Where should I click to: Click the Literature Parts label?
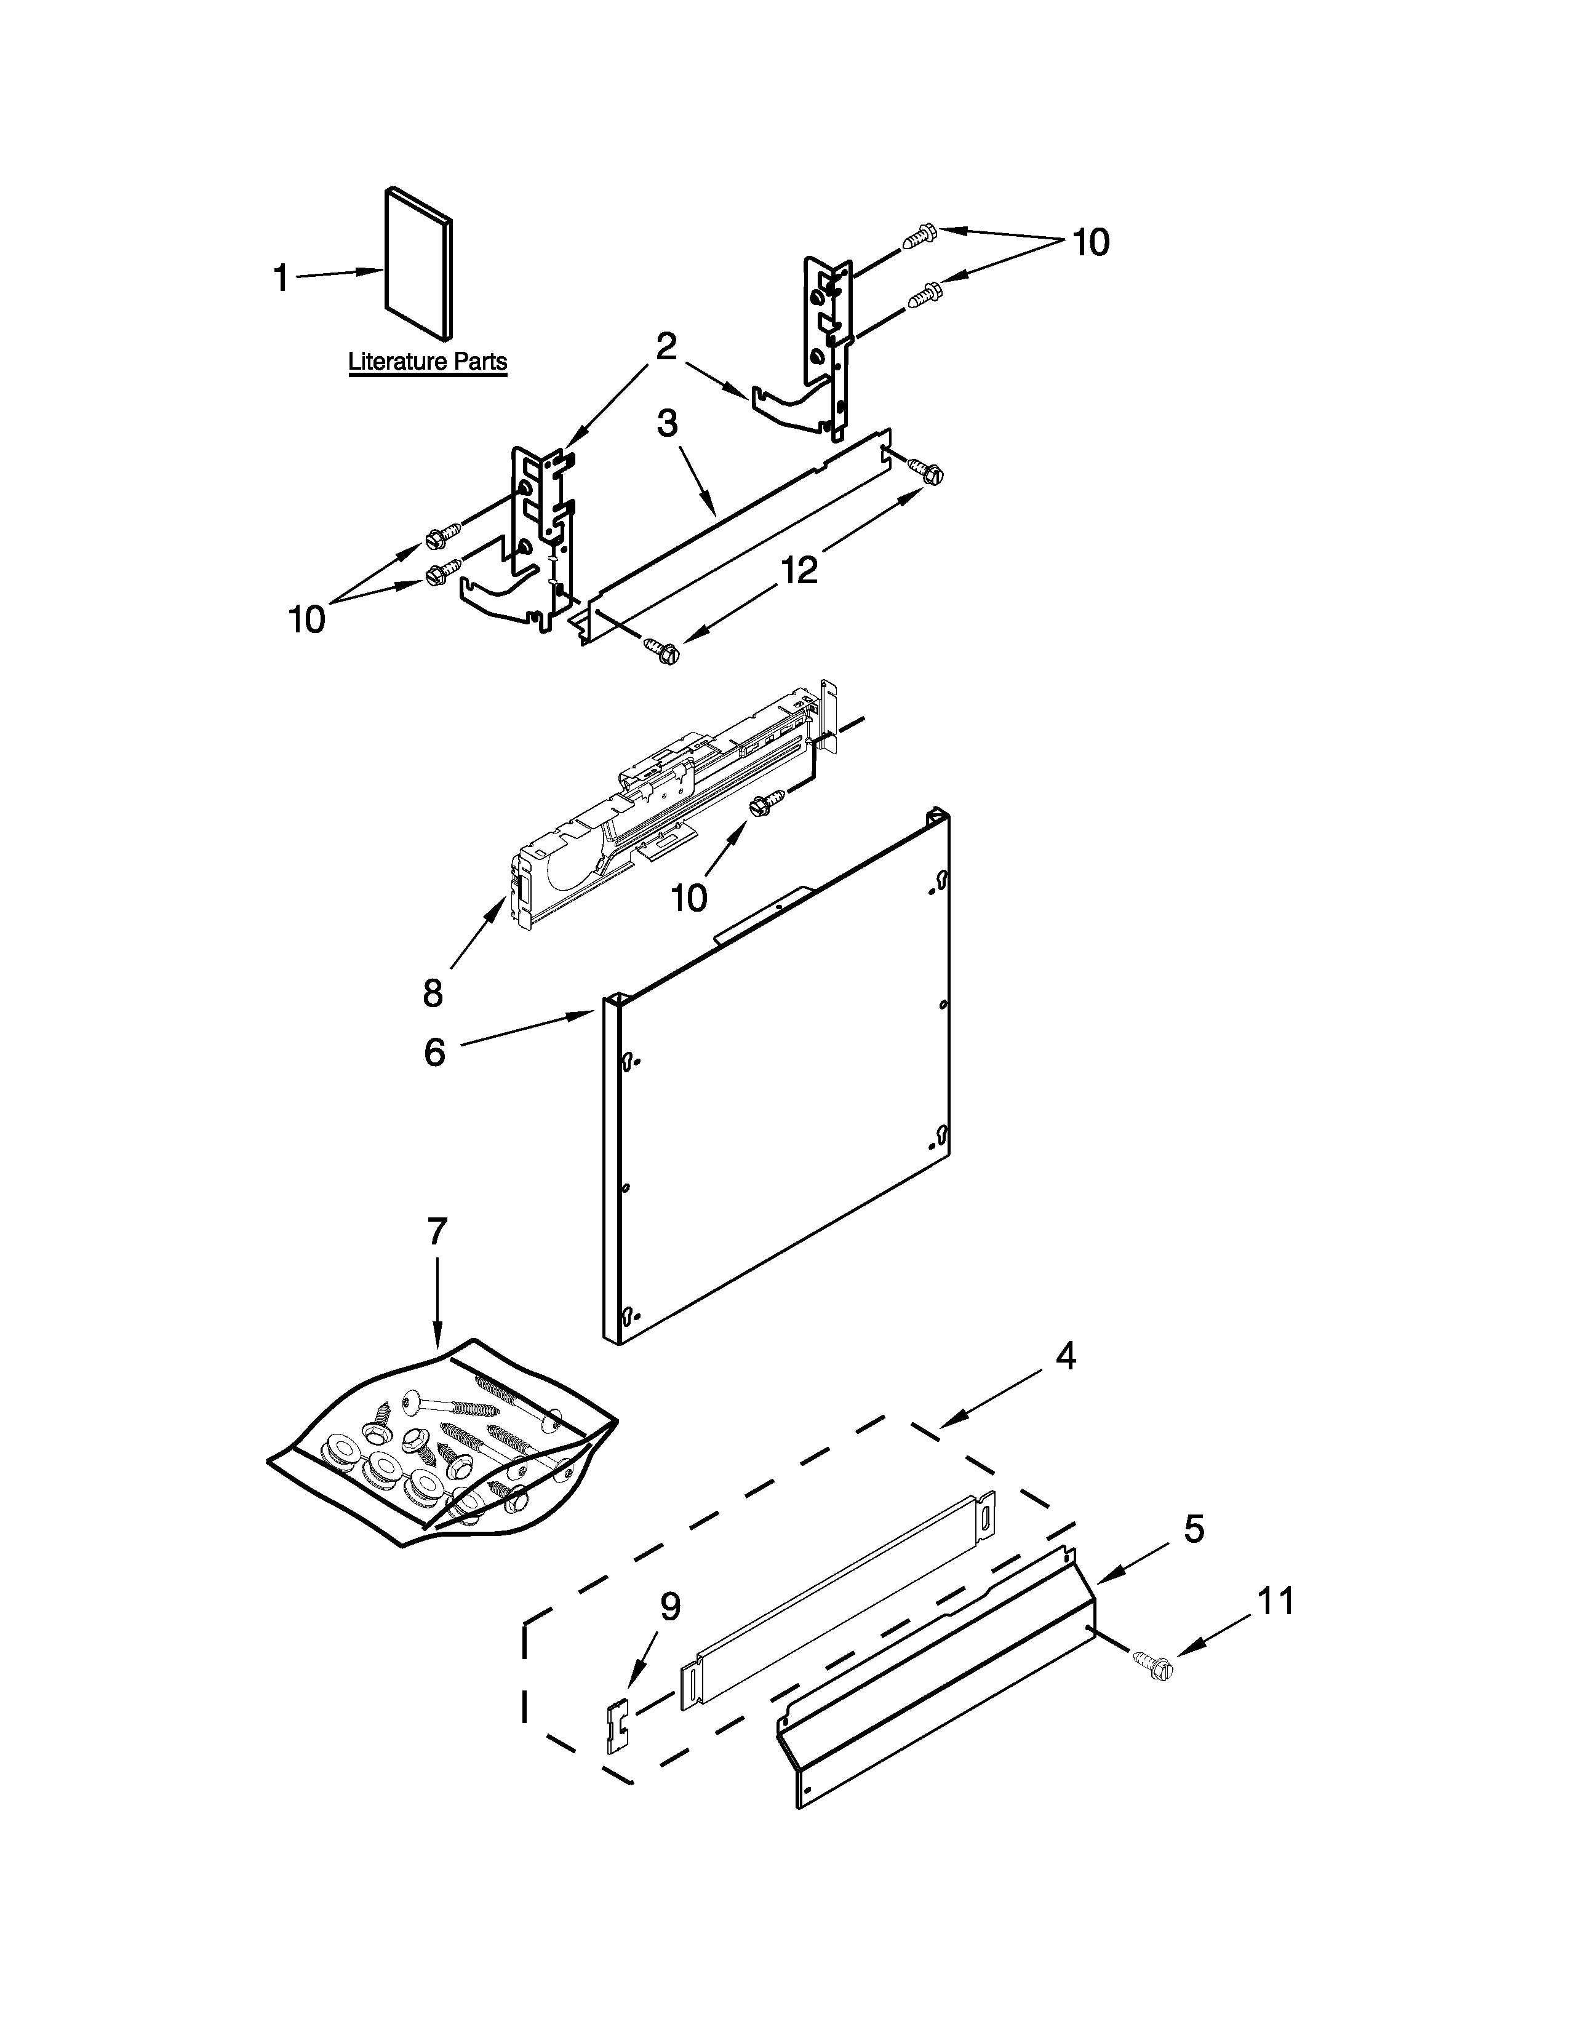tap(428, 362)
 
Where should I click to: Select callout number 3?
tap(668, 423)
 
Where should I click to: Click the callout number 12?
tap(799, 569)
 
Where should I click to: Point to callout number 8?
tap(433, 993)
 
